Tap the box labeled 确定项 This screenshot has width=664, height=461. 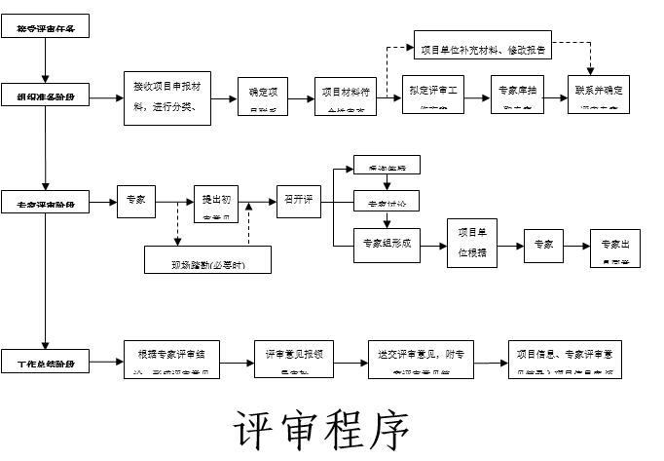coord(263,96)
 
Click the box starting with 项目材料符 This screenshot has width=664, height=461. coord(346,96)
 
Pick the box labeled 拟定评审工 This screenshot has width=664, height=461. coord(434,96)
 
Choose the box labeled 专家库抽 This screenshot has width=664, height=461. coord(517,96)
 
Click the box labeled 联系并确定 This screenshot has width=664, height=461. coord(601,96)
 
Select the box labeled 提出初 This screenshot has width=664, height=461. coord(215,203)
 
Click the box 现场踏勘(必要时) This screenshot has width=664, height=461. coord(207,260)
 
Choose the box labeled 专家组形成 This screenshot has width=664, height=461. coord(387,245)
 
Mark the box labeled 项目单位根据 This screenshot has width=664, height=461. coord(471,244)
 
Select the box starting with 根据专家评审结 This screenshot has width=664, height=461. coord(171,359)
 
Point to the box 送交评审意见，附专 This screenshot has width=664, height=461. coord(422,359)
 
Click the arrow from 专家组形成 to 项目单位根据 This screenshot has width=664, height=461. coord(433,244)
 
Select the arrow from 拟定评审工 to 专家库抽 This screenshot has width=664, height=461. coord(477,96)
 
